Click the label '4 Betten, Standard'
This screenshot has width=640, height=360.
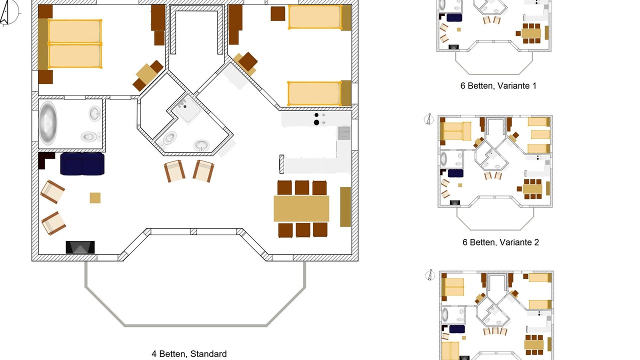pos(189,354)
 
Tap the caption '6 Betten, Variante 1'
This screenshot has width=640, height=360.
pos(498,86)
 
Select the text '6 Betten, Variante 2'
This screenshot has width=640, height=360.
pos(500,242)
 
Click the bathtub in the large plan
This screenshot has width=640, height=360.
pos(48,123)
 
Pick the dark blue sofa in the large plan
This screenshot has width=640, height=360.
pos(82,164)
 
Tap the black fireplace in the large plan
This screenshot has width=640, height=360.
pos(80,247)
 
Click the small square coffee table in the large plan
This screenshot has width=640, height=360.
pos(95,198)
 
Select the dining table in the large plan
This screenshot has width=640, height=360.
pos(301,208)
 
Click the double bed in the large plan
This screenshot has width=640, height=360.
pos(75,43)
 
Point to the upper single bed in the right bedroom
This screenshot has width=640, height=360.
pos(314,17)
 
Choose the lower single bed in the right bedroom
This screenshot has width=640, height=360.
pos(314,93)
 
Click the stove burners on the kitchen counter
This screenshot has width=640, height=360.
pos(316,119)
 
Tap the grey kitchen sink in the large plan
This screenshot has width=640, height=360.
pos(344,133)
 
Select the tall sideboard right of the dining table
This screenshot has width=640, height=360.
pos(345,206)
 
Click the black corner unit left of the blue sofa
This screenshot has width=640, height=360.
pos(45,160)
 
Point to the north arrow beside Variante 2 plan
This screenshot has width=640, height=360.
pos(428,119)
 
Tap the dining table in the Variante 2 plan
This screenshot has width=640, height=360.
pos(533,189)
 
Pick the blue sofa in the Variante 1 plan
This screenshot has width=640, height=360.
pos(454,17)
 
